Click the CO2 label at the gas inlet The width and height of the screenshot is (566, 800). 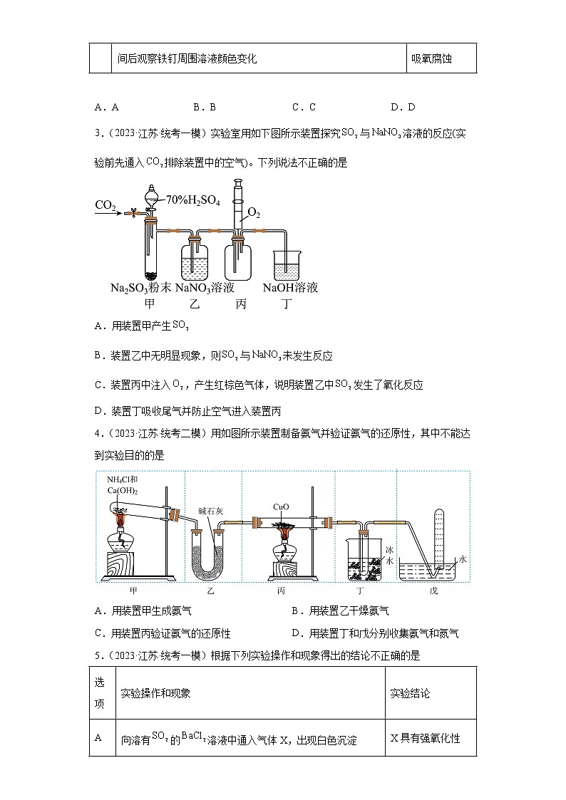pos(106,205)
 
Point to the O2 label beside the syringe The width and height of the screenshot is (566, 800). pos(254,212)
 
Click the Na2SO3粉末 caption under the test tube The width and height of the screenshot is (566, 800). pos(140,288)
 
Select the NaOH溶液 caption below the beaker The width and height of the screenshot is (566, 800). pos(289,288)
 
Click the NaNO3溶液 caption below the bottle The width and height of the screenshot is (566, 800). pos(205,288)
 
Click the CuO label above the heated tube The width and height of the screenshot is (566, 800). pos(281,507)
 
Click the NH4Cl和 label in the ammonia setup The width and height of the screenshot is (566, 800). pos(123,479)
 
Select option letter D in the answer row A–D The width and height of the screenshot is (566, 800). pos(393,108)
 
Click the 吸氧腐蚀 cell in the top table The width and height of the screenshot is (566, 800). pos(432,59)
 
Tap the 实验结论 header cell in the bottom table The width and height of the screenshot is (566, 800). pos(410,693)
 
